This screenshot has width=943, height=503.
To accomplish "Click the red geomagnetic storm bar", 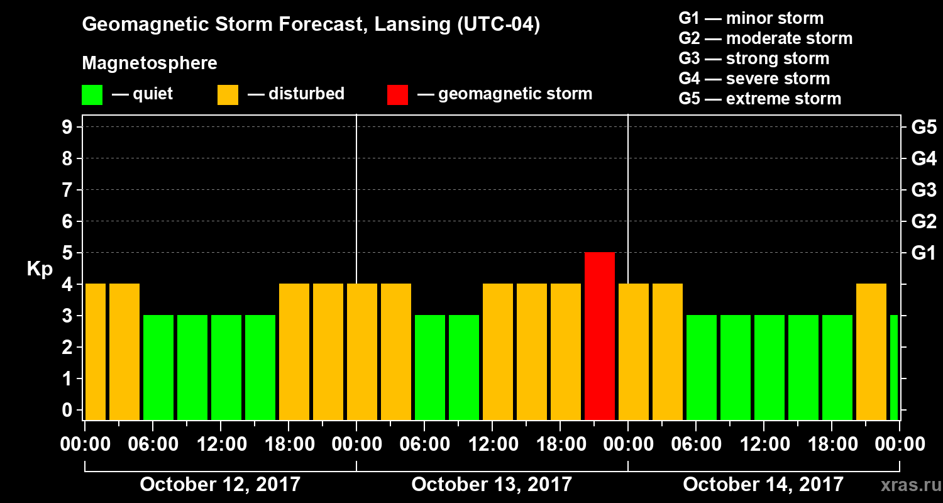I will click(x=600, y=336).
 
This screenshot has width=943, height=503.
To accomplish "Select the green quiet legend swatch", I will click(x=92, y=95).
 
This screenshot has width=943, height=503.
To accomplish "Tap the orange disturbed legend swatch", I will click(x=228, y=95).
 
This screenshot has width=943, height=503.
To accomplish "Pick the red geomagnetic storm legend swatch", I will click(x=397, y=95).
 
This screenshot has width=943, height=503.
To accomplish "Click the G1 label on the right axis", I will click(x=924, y=253).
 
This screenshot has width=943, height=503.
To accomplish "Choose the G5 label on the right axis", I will click(x=924, y=128).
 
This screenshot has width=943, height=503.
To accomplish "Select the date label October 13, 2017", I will click(x=492, y=485).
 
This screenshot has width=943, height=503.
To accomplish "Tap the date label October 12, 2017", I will click(x=220, y=485).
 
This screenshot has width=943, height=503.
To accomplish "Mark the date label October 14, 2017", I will click(x=763, y=485).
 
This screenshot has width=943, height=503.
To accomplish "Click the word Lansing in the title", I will click(x=409, y=25).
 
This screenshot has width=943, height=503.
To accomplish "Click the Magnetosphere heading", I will click(x=150, y=64).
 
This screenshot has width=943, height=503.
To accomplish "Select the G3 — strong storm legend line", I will click(x=754, y=58).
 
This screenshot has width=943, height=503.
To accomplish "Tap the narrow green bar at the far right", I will click(x=894, y=367).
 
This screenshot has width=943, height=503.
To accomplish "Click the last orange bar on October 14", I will click(x=871, y=351).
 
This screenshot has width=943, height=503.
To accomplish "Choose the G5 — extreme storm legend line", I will click(x=759, y=99).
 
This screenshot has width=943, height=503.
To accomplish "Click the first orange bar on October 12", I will click(x=96, y=351).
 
